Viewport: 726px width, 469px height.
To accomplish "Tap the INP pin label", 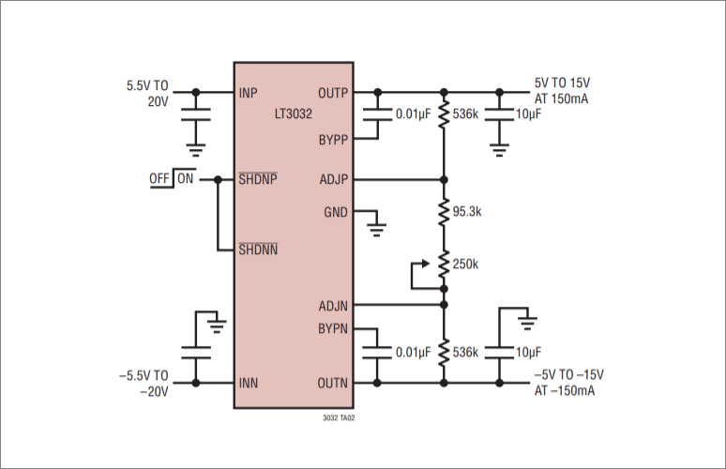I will [x=248, y=93].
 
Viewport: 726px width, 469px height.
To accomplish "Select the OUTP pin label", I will [x=333, y=93].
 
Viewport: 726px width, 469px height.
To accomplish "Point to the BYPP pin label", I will [x=333, y=140].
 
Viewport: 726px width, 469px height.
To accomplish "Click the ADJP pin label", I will [x=333, y=178].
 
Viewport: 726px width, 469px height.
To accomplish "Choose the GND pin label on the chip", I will [x=335, y=212].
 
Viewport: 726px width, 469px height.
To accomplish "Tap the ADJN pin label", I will [x=333, y=305].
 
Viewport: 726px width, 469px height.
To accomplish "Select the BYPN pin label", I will [x=333, y=329].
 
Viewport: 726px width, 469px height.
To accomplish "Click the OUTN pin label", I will [x=333, y=383].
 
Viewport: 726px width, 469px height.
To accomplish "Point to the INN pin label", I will [x=248, y=383].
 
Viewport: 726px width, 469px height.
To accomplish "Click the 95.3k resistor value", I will [x=467, y=212].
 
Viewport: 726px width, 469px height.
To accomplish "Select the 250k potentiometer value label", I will [x=465, y=265].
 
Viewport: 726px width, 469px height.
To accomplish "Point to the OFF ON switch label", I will [x=172, y=178].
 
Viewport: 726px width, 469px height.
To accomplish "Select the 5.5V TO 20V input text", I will [x=148, y=93].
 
